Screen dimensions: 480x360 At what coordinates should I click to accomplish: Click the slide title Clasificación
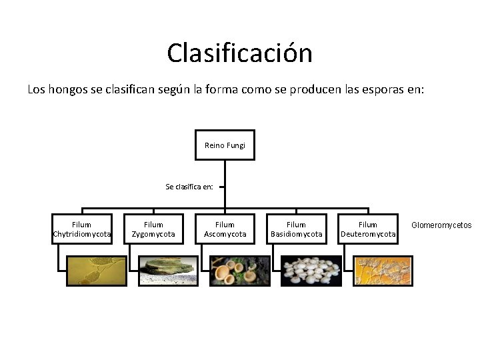point(239,53)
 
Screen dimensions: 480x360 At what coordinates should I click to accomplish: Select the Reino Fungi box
point(225,145)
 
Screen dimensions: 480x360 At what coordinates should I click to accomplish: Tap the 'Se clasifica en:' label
point(189,187)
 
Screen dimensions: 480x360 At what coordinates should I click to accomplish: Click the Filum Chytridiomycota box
point(82,229)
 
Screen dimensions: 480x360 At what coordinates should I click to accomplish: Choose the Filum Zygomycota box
point(153,229)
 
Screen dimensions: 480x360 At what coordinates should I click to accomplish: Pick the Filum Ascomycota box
point(225,229)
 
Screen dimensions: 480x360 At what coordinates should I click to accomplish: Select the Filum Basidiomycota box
point(296,229)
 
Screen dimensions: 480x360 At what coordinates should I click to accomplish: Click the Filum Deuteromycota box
point(368,229)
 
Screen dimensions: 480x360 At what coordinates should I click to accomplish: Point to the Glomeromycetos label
point(441,225)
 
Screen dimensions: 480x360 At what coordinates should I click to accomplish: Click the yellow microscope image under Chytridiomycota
point(97,271)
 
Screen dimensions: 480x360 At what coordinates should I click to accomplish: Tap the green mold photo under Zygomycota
point(168,271)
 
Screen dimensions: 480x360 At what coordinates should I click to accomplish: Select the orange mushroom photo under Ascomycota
point(239,271)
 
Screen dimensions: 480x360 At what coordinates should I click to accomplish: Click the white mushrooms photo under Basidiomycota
point(311,271)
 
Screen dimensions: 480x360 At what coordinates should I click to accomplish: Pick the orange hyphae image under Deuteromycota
point(383,271)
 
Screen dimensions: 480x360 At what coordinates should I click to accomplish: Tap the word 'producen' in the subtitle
point(312,89)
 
